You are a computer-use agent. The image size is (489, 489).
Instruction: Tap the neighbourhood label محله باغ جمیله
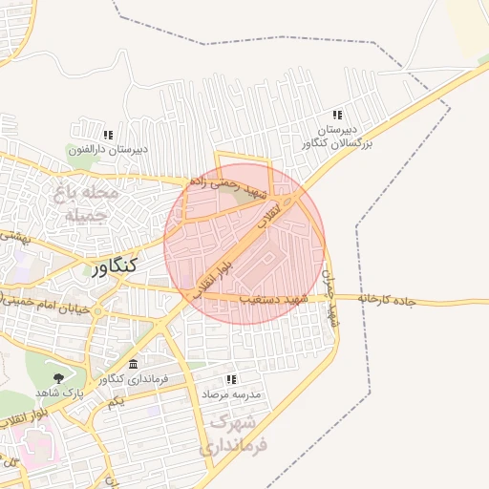point(87,203)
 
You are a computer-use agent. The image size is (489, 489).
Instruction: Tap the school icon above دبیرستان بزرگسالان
point(337,115)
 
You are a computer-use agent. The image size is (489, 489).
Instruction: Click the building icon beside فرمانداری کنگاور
point(133,365)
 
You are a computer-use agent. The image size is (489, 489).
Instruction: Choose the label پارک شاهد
point(60,393)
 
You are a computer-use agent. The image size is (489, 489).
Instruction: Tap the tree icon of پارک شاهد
point(60,378)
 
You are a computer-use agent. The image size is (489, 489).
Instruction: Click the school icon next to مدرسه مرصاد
point(229,378)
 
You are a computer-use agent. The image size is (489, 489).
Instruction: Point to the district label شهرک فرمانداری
point(235,433)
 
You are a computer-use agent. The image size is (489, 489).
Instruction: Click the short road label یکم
point(117,401)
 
